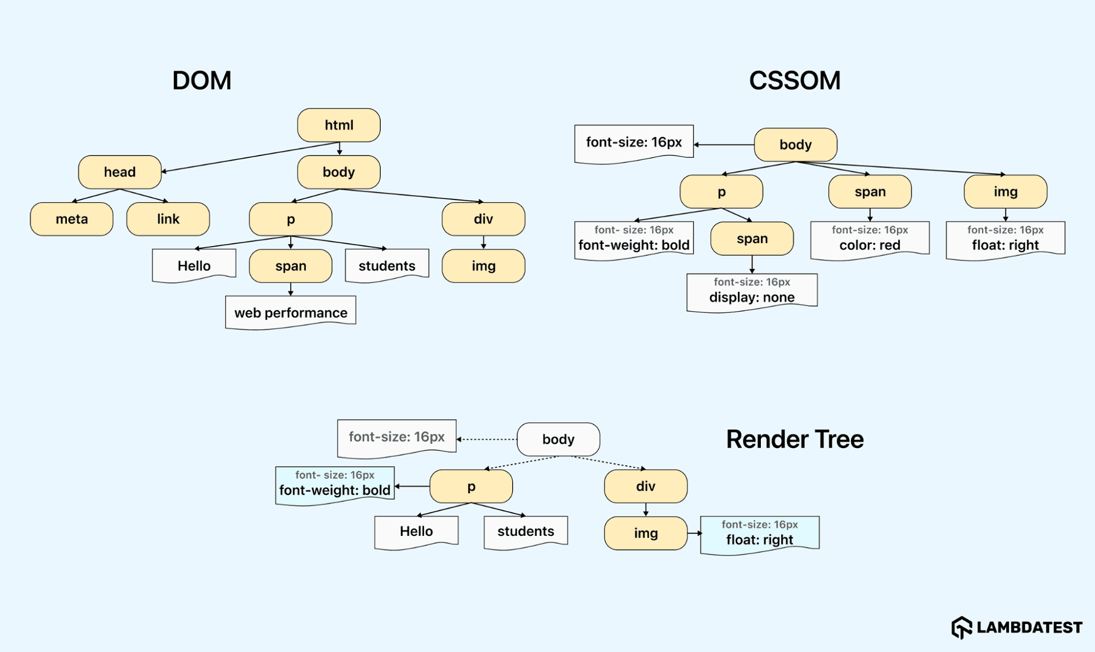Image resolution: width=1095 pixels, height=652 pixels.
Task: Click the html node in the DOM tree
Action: coord(339,125)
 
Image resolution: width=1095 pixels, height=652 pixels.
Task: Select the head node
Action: coord(119,172)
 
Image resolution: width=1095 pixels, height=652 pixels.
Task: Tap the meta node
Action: coord(72,219)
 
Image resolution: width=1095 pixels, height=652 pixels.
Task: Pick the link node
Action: coord(168,219)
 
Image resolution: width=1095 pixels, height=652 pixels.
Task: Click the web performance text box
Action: coord(290,312)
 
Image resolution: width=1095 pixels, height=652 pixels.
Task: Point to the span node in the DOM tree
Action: coord(290,266)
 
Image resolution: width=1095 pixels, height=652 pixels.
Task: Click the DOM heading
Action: coord(202,81)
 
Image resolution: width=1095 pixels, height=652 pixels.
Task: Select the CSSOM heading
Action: coord(794,81)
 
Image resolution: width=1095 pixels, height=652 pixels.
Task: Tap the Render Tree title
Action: coord(794,439)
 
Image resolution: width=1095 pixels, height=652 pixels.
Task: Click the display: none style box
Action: coord(752,292)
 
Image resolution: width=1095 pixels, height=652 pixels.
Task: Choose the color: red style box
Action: coord(869,239)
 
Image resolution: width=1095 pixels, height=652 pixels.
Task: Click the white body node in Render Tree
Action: coord(558,439)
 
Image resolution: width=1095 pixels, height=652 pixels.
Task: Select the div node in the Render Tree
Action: coord(645,487)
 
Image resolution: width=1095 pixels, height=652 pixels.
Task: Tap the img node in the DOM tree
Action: coord(483,266)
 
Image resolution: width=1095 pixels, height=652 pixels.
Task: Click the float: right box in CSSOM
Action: coord(1005,239)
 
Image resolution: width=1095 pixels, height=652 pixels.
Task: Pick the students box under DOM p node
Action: coord(387,266)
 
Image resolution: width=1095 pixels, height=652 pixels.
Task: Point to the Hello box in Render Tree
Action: coord(416,531)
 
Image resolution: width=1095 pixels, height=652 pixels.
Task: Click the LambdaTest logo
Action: coord(1017,627)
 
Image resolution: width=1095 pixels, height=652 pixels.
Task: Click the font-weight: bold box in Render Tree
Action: coord(335,485)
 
